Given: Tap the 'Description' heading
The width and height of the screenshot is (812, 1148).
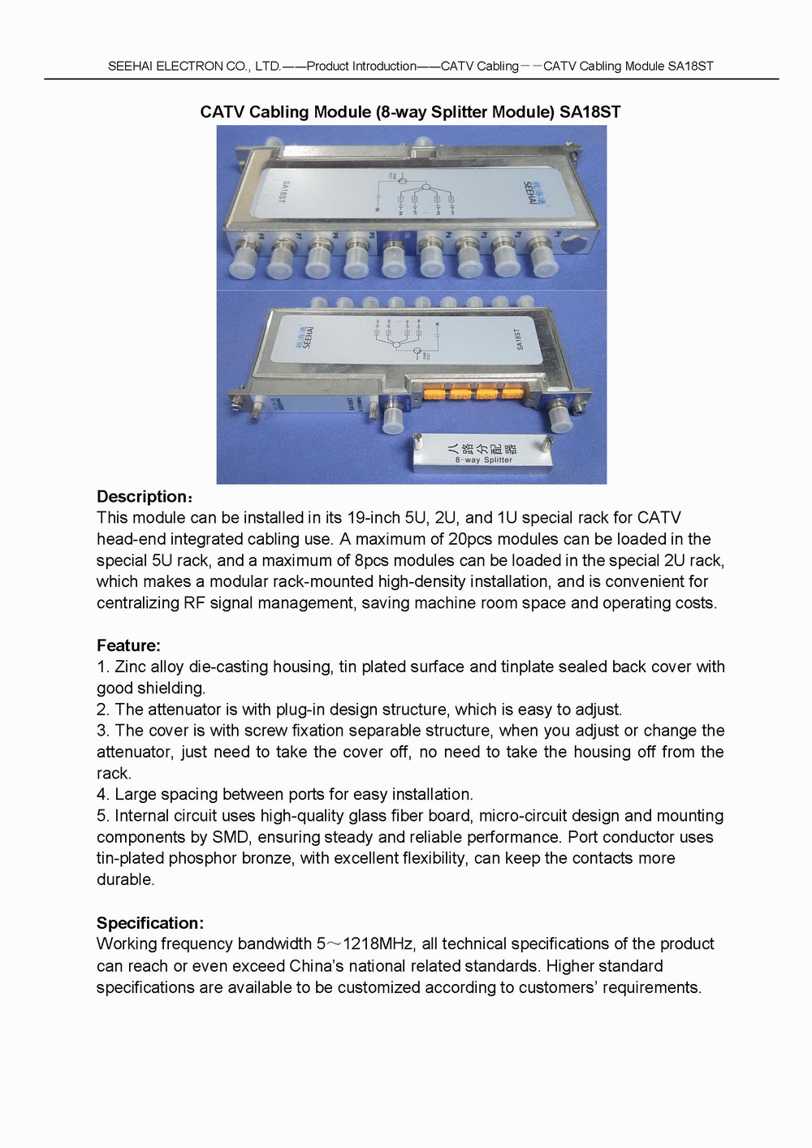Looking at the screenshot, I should (142, 497).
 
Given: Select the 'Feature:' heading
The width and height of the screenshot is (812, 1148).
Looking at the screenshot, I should (128, 646).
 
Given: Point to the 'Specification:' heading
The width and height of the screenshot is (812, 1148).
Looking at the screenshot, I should (149, 923).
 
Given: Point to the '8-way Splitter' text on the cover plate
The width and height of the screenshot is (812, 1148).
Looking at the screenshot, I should (484, 460).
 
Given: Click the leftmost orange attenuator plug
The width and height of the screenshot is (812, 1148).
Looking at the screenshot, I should (434, 394).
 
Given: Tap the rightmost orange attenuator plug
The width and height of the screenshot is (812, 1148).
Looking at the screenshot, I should (512, 395).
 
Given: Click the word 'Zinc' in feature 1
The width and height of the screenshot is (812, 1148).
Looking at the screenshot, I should (131, 667).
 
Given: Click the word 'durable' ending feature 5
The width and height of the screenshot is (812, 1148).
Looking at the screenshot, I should (123, 880).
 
